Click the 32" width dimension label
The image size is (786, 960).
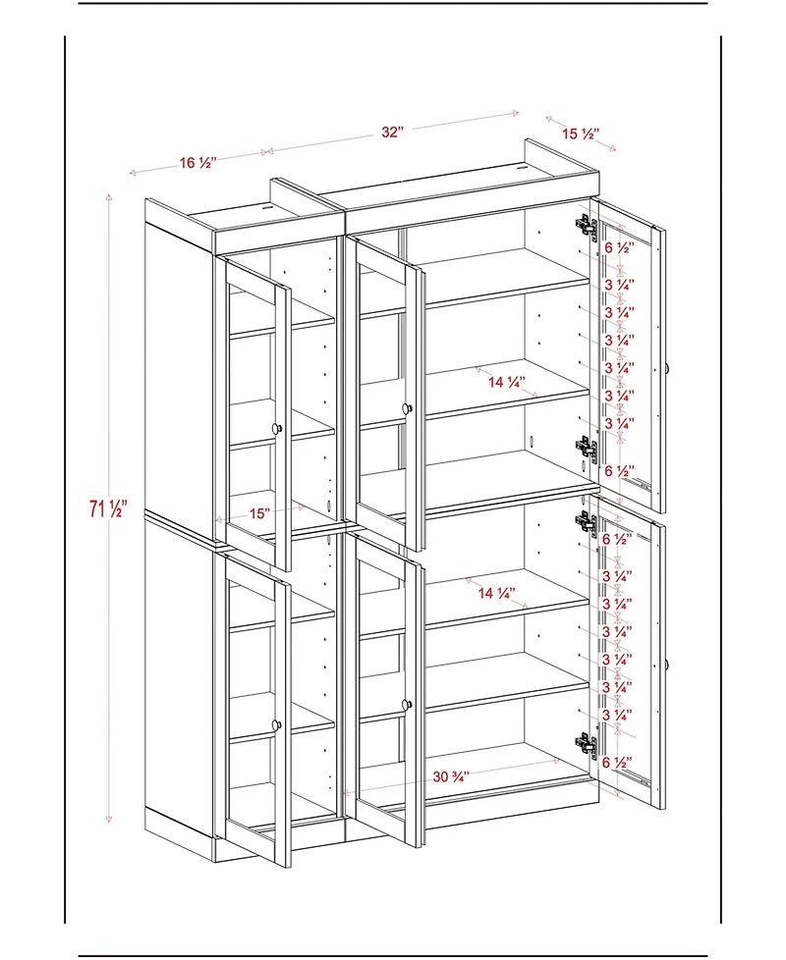[393, 133]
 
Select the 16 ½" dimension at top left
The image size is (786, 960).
[197, 163]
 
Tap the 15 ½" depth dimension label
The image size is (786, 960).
[581, 133]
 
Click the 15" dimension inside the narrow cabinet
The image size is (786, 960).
[259, 512]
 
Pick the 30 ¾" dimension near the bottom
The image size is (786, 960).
[451, 775]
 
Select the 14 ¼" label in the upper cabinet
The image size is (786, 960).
[506, 382]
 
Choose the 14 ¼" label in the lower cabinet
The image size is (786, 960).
[497, 592]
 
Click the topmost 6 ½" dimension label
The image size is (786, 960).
[619, 247]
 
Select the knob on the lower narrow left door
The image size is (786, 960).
[278, 724]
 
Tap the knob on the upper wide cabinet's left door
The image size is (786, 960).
[406, 406]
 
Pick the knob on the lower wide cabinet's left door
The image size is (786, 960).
[406, 703]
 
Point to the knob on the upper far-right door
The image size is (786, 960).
[666, 368]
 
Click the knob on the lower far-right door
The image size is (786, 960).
[666, 666]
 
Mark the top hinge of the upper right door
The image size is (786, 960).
[586, 226]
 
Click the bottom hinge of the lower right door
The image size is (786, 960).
[586, 745]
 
